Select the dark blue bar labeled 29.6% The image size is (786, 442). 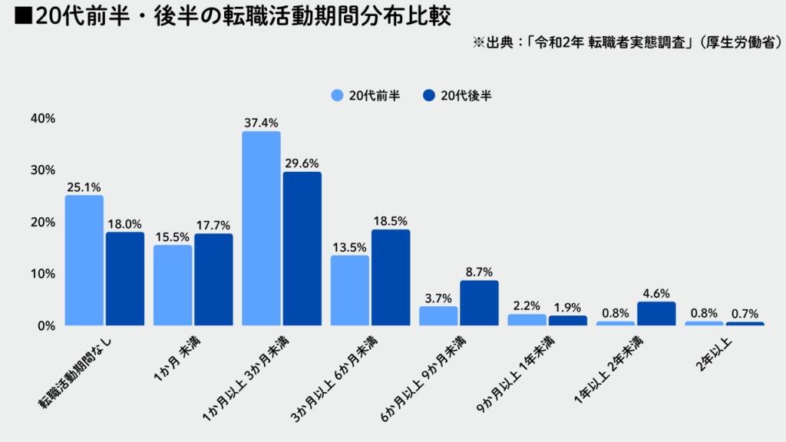302,249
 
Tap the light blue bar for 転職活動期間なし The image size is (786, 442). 84,260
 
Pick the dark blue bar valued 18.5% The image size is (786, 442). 391,277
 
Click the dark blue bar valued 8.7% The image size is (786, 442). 479,302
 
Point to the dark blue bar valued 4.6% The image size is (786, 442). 656,313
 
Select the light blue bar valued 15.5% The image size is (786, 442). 173,285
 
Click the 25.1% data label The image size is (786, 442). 84,186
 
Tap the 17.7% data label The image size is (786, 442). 213,225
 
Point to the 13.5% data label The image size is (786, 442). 349,247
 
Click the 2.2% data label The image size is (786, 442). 527,305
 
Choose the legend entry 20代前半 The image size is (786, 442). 365,96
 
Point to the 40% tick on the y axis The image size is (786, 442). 43,118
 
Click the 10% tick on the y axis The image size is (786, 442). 43,274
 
